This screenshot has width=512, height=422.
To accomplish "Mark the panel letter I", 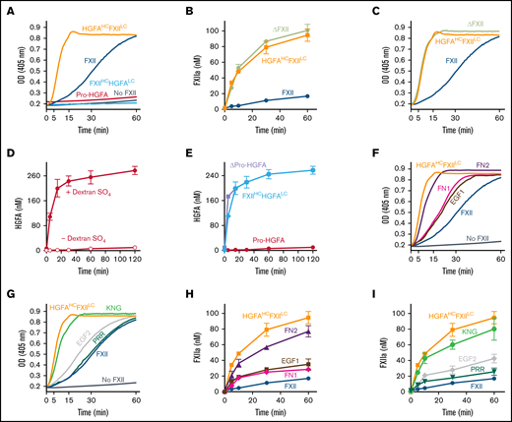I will pos(347,293).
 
